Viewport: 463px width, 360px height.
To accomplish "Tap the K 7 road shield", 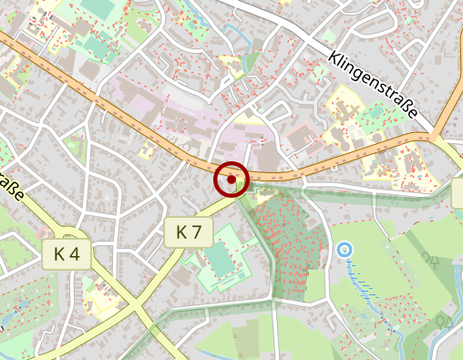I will point(189,233).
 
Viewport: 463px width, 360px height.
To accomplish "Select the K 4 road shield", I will point(67,254).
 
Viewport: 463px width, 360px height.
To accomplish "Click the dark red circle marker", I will point(231,180).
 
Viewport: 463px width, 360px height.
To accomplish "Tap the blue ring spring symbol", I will point(344,248).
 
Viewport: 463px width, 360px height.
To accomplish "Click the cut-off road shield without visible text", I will point(458,192).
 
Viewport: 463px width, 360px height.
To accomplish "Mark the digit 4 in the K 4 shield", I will point(76,254).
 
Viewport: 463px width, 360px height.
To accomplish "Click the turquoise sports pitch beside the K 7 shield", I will point(221,261).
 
